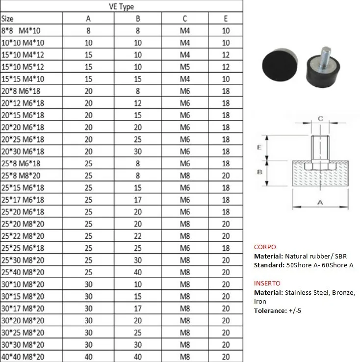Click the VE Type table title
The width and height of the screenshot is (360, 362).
(121, 6)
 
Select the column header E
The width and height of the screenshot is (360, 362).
(226, 19)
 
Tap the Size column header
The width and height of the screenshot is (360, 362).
(7, 19)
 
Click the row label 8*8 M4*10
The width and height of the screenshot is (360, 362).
(21, 30)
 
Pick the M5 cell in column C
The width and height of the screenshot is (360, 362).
(185, 67)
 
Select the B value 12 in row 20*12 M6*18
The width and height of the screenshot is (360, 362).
(138, 103)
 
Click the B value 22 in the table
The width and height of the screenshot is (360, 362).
(138, 236)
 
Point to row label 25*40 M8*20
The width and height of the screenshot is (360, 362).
(23, 272)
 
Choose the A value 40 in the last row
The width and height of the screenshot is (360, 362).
(88, 357)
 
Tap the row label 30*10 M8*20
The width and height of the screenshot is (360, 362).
(23, 284)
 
